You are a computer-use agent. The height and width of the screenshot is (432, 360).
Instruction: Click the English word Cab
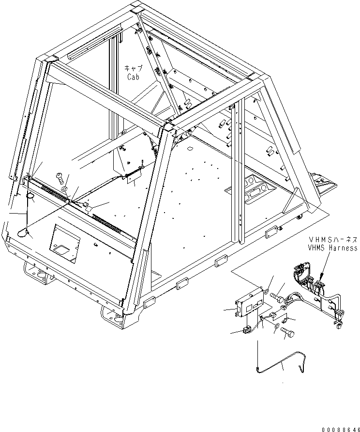(x=133, y=77)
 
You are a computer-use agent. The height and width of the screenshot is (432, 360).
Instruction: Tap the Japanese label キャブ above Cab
(x=133, y=69)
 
